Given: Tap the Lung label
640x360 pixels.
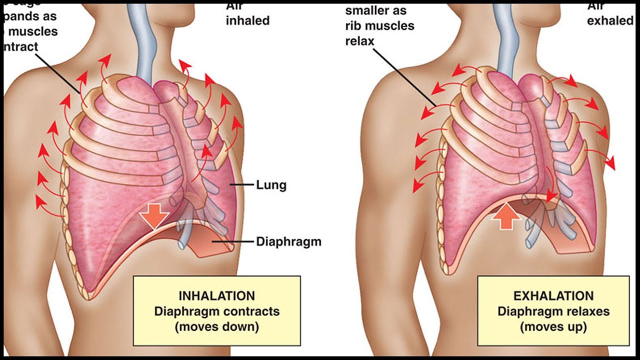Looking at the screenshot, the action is tap(271, 185).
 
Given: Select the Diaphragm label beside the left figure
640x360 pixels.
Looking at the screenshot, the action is tap(288, 242).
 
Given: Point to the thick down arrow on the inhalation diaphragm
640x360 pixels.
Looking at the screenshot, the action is tap(154, 215).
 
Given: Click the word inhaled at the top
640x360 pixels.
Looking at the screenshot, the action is tap(248, 20).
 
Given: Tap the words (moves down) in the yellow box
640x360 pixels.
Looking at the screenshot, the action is tap(216, 327).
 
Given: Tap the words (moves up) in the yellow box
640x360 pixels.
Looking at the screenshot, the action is tap(553, 327).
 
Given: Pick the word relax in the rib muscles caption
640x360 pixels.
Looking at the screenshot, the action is tap(359, 41).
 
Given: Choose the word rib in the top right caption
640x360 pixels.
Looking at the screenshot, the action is tap(353, 25).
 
